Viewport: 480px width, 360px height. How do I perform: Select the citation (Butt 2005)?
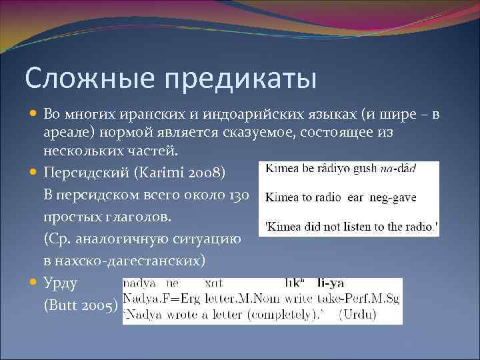pyautogui.click(x=81, y=305)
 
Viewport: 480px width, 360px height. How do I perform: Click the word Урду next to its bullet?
pyautogui.click(x=60, y=283)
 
